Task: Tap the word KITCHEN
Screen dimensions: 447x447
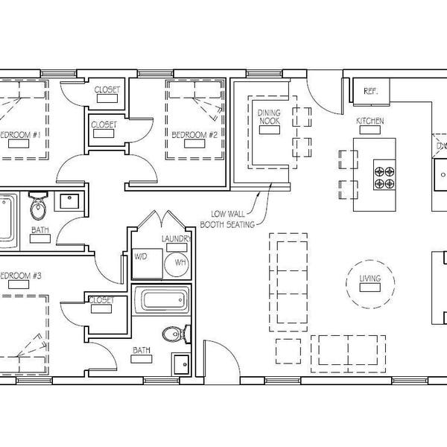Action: coord(370,120)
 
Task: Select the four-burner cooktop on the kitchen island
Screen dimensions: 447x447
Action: coord(385,176)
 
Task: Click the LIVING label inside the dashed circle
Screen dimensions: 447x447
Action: coord(370,279)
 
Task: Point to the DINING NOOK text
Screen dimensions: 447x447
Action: coord(269,116)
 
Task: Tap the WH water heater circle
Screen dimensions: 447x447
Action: coord(180,262)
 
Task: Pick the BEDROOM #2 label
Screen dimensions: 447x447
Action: coord(194,135)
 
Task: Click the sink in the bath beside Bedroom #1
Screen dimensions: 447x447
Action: coord(71,201)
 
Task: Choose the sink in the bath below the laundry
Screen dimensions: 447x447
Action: coord(179,364)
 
